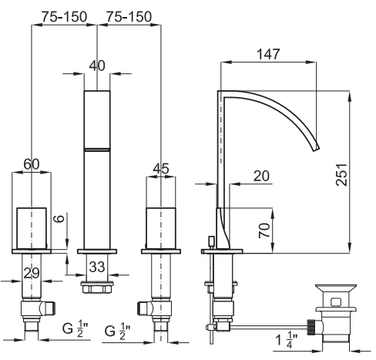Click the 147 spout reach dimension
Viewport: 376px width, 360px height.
pos(268,54)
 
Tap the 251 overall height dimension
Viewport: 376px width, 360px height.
pos(341,174)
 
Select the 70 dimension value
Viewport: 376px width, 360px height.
pos(264,230)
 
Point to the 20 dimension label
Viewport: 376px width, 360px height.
pos(261,176)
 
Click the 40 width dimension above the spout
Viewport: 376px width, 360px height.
pos(97,66)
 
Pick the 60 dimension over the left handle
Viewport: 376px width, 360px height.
pos(32,164)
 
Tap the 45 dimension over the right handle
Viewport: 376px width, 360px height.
pos(161,169)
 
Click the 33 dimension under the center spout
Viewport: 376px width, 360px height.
pos(97,267)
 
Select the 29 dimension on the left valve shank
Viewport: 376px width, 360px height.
pos(32,273)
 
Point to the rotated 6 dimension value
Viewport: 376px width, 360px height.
pos(59,219)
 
